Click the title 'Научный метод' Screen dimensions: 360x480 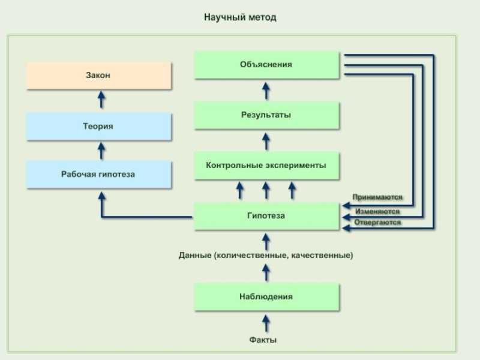[240, 17]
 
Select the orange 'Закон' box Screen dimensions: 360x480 [99, 76]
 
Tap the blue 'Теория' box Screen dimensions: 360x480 [99, 127]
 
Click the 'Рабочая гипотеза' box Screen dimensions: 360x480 [99, 175]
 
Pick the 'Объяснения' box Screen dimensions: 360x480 [266, 64]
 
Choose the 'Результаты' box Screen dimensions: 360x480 [266, 115]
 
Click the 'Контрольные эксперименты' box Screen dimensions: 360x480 [266, 166]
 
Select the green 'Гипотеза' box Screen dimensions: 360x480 [266, 216]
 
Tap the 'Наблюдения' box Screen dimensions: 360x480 [266, 297]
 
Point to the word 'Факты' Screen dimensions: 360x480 [263, 340]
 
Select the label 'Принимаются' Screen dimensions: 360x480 [377, 197]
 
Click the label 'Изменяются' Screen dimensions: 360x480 [377, 211]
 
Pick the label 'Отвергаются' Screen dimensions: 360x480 [377, 223]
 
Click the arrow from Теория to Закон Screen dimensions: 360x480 [101, 100]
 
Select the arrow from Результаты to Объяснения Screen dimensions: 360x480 [266, 91]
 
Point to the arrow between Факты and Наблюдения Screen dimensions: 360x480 [266, 322]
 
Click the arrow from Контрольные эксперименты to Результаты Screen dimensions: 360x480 [266, 142]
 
